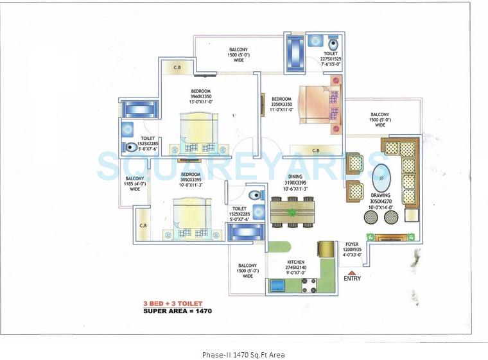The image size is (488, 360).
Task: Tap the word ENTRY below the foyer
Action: [352, 279]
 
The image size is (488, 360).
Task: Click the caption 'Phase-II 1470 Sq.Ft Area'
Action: [243, 354]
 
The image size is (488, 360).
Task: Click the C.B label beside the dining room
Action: [315, 150]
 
